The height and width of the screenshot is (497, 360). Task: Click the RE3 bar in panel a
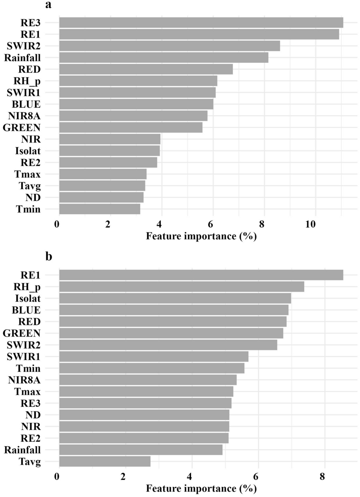pyautogui.click(x=201, y=23)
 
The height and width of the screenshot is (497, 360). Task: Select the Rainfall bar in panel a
pyautogui.click(x=164, y=57)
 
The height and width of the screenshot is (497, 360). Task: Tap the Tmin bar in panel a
pyautogui.click(x=100, y=209)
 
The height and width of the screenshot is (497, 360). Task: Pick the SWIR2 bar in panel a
pyautogui.click(x=170, y=46)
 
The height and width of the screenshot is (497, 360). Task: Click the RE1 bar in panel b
pyautogui.click(x=201, y=275)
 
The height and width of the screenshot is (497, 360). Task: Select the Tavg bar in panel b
pyautogui.click(x=105, y=462)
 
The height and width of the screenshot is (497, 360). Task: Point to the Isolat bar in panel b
pyautogui.click(x=175, y=298)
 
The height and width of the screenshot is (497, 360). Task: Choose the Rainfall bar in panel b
pyautogui.click(x=141, y=450)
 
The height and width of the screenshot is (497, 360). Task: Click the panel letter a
pyautogui.click(x=48, y=5)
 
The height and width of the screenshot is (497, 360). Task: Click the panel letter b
pyautogui.click(x=49, y=257)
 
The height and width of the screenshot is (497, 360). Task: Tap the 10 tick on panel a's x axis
pyautogui.click(x=310, y=224)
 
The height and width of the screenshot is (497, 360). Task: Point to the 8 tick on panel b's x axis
pyautogui.click(x=322, y=476)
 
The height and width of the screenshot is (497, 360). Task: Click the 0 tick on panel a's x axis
pyautogui.click(x=57, y=224)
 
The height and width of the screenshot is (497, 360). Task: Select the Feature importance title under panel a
pyautogui.click(x=201, y=236)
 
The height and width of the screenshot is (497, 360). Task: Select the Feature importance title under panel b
pyautogui.click(x=201, y=488)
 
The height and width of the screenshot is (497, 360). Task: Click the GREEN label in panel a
pyautogui.click(x=22, y=128)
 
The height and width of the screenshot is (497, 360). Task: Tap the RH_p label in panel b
pyautogui.click(x=27, y=287)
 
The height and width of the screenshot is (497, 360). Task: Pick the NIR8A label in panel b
pyautogui.click(x=24, y=380)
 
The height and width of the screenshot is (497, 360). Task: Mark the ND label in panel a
pyautogui.click(x=33, y=197)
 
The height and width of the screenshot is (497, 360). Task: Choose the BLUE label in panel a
pyautogui.click(x=26, y=104)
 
